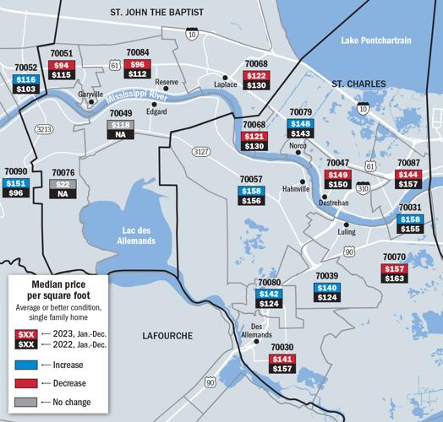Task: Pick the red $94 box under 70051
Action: point(62,65)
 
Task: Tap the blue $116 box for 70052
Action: point(26,78)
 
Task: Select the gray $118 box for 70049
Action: point(121,125)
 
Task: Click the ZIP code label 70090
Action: point(16,171)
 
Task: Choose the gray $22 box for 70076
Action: point(62,183)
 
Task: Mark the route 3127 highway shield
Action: point(200,151)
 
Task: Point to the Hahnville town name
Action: point(296,189)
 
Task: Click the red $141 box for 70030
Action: point(282,359)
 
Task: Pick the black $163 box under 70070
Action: point(395,278)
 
